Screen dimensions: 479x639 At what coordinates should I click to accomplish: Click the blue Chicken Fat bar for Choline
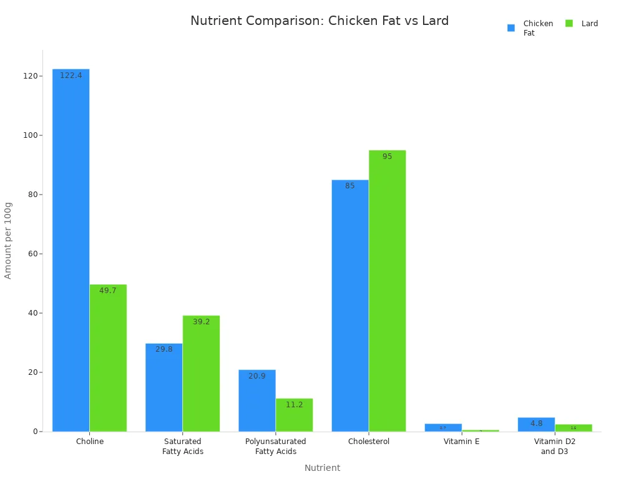71,249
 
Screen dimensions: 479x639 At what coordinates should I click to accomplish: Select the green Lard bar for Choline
108,358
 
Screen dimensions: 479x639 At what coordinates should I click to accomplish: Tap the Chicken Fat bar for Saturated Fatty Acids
163,387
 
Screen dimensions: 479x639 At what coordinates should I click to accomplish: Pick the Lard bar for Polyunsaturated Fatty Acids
294,415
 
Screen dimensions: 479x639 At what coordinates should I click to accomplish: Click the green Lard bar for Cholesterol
387,291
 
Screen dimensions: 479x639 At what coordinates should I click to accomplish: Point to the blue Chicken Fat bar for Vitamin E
443,428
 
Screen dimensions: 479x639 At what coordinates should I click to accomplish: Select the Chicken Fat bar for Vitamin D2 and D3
536,425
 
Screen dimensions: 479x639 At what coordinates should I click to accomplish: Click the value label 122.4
71,75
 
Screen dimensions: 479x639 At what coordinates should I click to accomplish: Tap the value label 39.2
201,322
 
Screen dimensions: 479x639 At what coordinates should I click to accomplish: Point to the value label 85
349,186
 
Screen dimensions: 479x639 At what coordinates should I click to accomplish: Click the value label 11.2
294,405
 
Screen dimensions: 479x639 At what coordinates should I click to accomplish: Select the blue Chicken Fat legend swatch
511,27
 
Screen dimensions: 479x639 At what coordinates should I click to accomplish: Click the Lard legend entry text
590,24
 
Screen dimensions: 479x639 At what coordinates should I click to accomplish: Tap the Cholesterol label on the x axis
368,442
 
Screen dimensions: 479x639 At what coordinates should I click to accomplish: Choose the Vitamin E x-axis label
462,442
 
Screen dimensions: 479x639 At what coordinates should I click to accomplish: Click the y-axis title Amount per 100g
8,240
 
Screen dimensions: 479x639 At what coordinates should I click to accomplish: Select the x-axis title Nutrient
322,468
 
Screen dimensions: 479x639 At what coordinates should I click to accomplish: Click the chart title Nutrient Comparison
319,21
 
